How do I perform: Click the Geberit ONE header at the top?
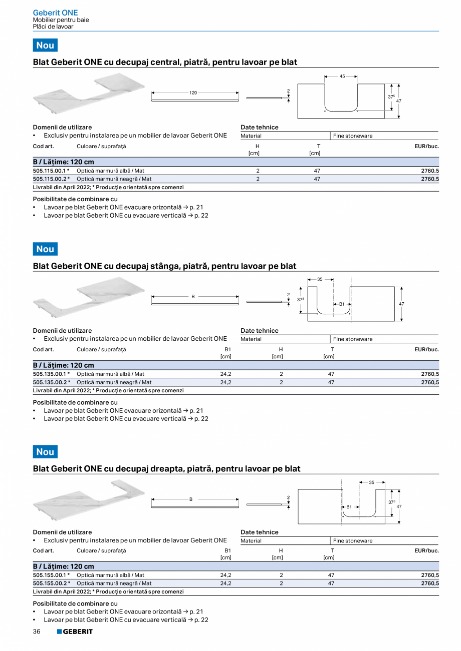pos(55,13)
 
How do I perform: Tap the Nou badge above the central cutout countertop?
pos(45,46)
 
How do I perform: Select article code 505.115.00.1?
pos(51,171)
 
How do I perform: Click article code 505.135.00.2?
pos(51,382)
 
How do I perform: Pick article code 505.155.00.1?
pos(51,575)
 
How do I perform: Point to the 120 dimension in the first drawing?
pos(193,93)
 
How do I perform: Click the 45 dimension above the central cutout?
pos(342,77)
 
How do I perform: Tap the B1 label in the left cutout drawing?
pos(342,304)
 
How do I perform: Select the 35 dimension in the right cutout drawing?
pos(372,482)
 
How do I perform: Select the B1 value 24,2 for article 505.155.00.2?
pos(225,583)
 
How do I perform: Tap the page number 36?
pos(37,631)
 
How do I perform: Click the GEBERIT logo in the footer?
pos(75,631)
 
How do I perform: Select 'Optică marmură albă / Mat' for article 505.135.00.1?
pos(110,374)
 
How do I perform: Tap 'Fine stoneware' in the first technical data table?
pos(353,136)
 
